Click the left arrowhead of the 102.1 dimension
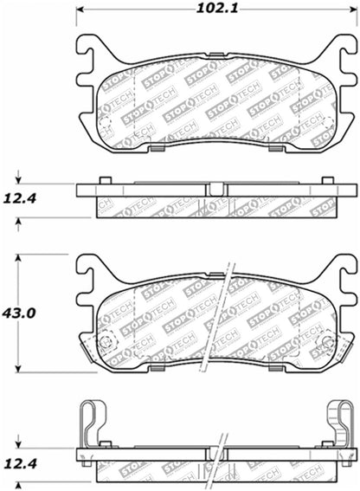click(x=81, y=11)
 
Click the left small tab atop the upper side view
click(x=105, y=180)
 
